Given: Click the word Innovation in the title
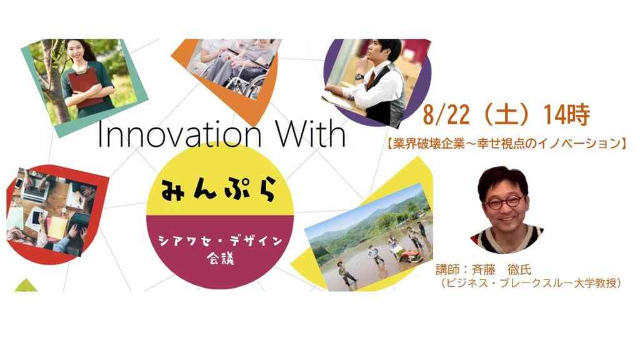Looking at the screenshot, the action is pos(179,134).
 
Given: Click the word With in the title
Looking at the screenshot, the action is pos(311,134).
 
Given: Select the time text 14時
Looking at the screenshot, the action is pos(566,115).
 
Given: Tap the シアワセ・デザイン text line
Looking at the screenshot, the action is pos(221,241).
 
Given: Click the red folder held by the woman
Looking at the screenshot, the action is pos(86,87).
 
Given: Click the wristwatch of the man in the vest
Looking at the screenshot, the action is pos(359,77).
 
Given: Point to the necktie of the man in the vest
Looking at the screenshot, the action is pos(370,79).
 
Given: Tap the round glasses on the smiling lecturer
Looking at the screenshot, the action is pos(504,202).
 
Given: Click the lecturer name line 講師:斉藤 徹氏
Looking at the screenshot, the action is pos(484,270).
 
